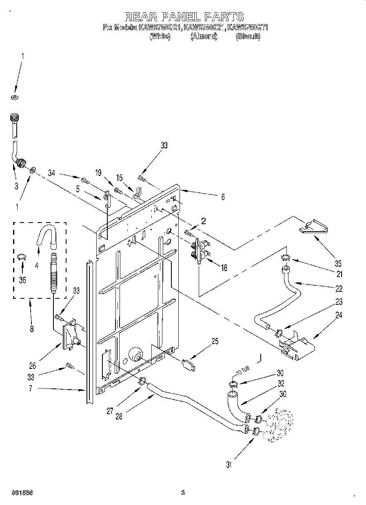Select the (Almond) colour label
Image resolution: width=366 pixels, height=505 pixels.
[x=204, y=36]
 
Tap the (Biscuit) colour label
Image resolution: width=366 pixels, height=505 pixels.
[x=248, y=36]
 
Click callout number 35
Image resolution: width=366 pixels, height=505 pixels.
[x=338, y=263]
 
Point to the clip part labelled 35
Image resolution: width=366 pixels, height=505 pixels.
[x=314, y=226]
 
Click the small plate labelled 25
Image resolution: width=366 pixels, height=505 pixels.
[x=188, y=364]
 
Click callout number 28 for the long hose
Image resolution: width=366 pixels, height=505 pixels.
[x=119, y=416]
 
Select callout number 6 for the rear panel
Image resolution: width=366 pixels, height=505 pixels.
[x=223, y=196]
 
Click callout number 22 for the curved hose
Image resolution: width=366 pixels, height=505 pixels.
[x=339, y=288]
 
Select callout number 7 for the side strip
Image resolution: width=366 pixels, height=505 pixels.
[x=30, y=389]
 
